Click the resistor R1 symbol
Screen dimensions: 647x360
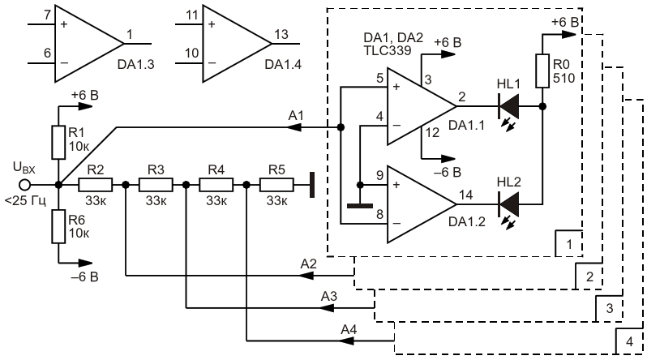click(x=58, y=143)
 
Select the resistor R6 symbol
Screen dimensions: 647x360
click(x=58, y=226)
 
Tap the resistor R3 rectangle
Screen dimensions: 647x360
click(x=156, y=185)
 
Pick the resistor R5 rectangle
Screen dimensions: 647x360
click(x=276, y=185)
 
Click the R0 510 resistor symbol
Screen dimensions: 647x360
click(x=542, y=71)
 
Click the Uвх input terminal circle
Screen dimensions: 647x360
click(x=25, y=185)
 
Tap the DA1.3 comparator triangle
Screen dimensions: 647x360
click(x=89, y=43)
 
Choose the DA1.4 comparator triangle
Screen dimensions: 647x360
click(x=237, y=43)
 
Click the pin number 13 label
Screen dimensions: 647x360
click(x=281, y=34)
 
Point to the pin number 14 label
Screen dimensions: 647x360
click(x=466, y=195)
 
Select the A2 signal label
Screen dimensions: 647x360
click(x=308, y=264)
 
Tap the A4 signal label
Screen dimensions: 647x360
click(x=349, y=329)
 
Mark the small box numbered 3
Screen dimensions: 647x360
click(x=609, y=308)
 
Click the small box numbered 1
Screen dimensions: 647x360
click(x=569, y=243)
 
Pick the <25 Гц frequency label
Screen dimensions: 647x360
click(x=25, y=201)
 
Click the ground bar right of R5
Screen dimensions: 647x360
click(x=312, y=185)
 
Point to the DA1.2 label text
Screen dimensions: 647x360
click(x=467, y=221)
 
